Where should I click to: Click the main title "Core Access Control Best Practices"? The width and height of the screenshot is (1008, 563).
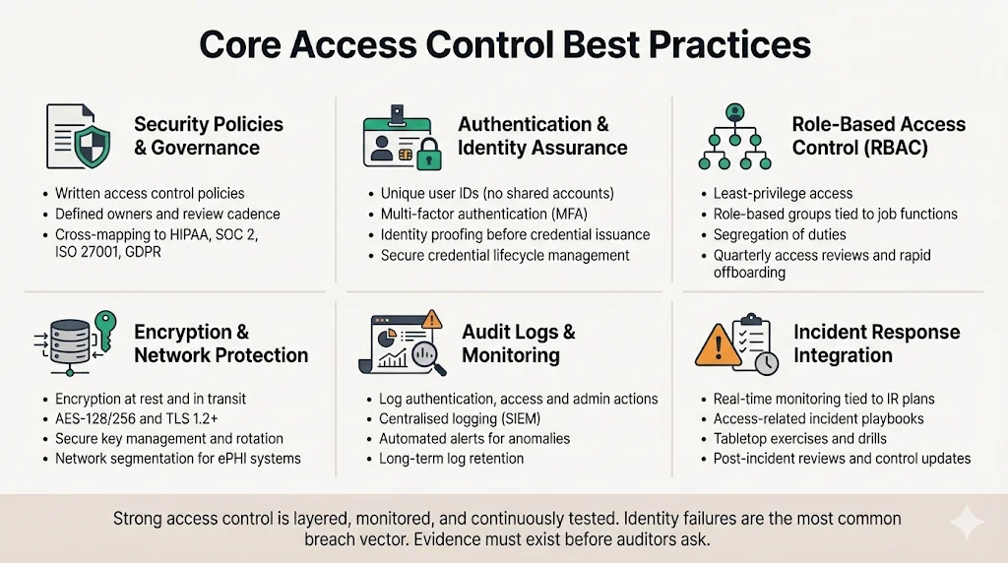[x=504, y=45]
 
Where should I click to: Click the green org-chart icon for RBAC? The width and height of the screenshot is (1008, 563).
[x=734, y=137]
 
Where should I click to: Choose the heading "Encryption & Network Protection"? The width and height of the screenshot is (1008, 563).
[x=220, y=344]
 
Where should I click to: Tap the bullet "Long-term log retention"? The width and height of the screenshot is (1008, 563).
[x=452, y=458]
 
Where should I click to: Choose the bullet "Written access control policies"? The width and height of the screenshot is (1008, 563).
[x=150, y=193]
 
